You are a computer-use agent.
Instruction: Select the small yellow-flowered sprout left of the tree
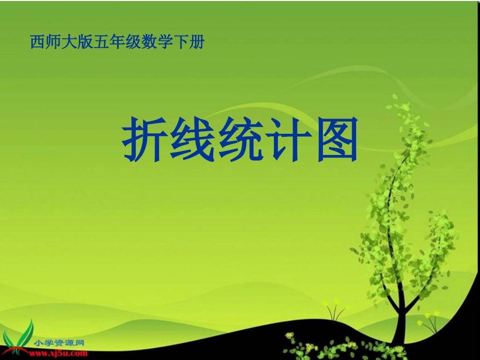tap(334, 310)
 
